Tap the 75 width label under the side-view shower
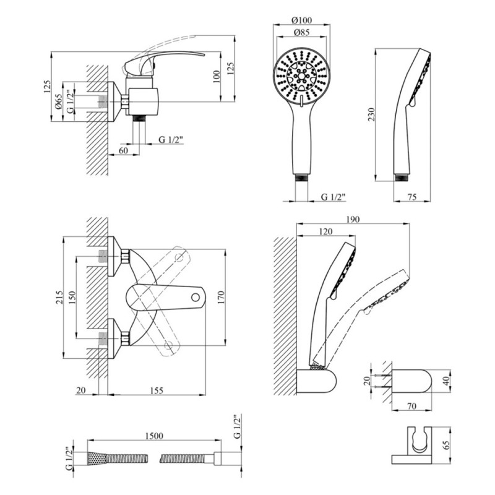tap(413, 197)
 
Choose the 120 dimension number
tap(325, 231)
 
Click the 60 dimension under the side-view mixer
tap(123, 150)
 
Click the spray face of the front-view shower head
tap(301, 75)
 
